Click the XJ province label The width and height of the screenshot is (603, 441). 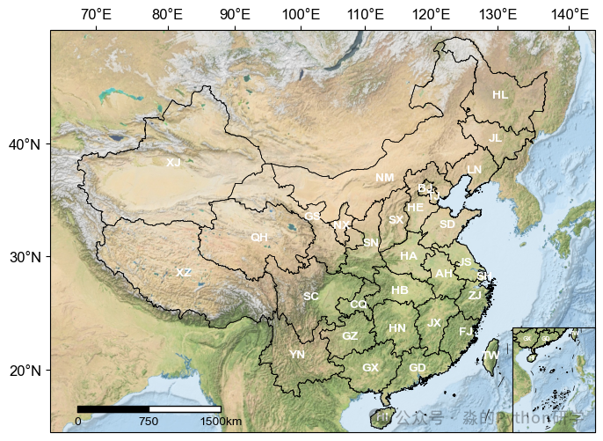pos(173,163)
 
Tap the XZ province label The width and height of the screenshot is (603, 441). pos(184,273)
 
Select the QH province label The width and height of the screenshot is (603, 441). pos(259,238)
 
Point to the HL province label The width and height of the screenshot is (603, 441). pos(500,95)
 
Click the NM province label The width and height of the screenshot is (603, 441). pos(385,178)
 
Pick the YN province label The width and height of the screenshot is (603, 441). pos(297,355)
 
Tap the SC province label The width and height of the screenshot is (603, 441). pos(311,297)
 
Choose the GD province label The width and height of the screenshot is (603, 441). pos(418,367)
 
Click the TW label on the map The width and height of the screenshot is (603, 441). pos(491,356)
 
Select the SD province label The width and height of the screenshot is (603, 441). pos(447,224)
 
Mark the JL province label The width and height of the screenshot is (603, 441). pos(496,138)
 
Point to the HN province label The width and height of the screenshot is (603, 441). pos(397,328)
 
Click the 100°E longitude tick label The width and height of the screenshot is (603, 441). pos(301,14)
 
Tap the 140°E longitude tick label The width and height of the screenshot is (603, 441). pos(570,14)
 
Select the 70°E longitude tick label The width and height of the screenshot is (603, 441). pos(95,14)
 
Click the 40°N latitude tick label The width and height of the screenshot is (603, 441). pos(24,144)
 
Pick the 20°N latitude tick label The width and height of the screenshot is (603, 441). pos(24,371)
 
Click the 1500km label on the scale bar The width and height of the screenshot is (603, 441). pos(221,422)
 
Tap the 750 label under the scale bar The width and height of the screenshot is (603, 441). pos(149,422)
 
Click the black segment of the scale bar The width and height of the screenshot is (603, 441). pos(113,408)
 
